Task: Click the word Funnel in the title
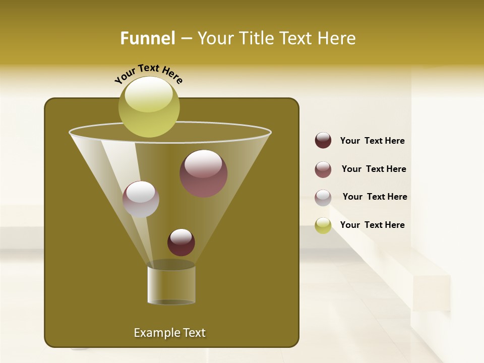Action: click(147, 38)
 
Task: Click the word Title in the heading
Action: click(255, 38)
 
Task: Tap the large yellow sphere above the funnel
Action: click(149, 107)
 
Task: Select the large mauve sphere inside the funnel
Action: click(203, 173)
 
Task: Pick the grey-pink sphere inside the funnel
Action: click(141, 199)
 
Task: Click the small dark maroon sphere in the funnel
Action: click(181, 242)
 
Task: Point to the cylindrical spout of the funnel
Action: click(171, 285)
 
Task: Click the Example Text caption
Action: click(169, 333)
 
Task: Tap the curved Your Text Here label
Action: click(148, 73)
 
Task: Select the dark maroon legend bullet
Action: click(323, 141)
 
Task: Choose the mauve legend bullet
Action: click(323, 169)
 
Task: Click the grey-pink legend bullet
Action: click(323, 197)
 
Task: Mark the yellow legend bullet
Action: click(323, 225)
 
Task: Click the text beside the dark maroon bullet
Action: click(372, 141)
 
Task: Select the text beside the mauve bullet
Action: click(374, 169)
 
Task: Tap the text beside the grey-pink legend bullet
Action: click(375, 197)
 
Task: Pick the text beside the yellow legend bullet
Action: click(372, 225)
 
